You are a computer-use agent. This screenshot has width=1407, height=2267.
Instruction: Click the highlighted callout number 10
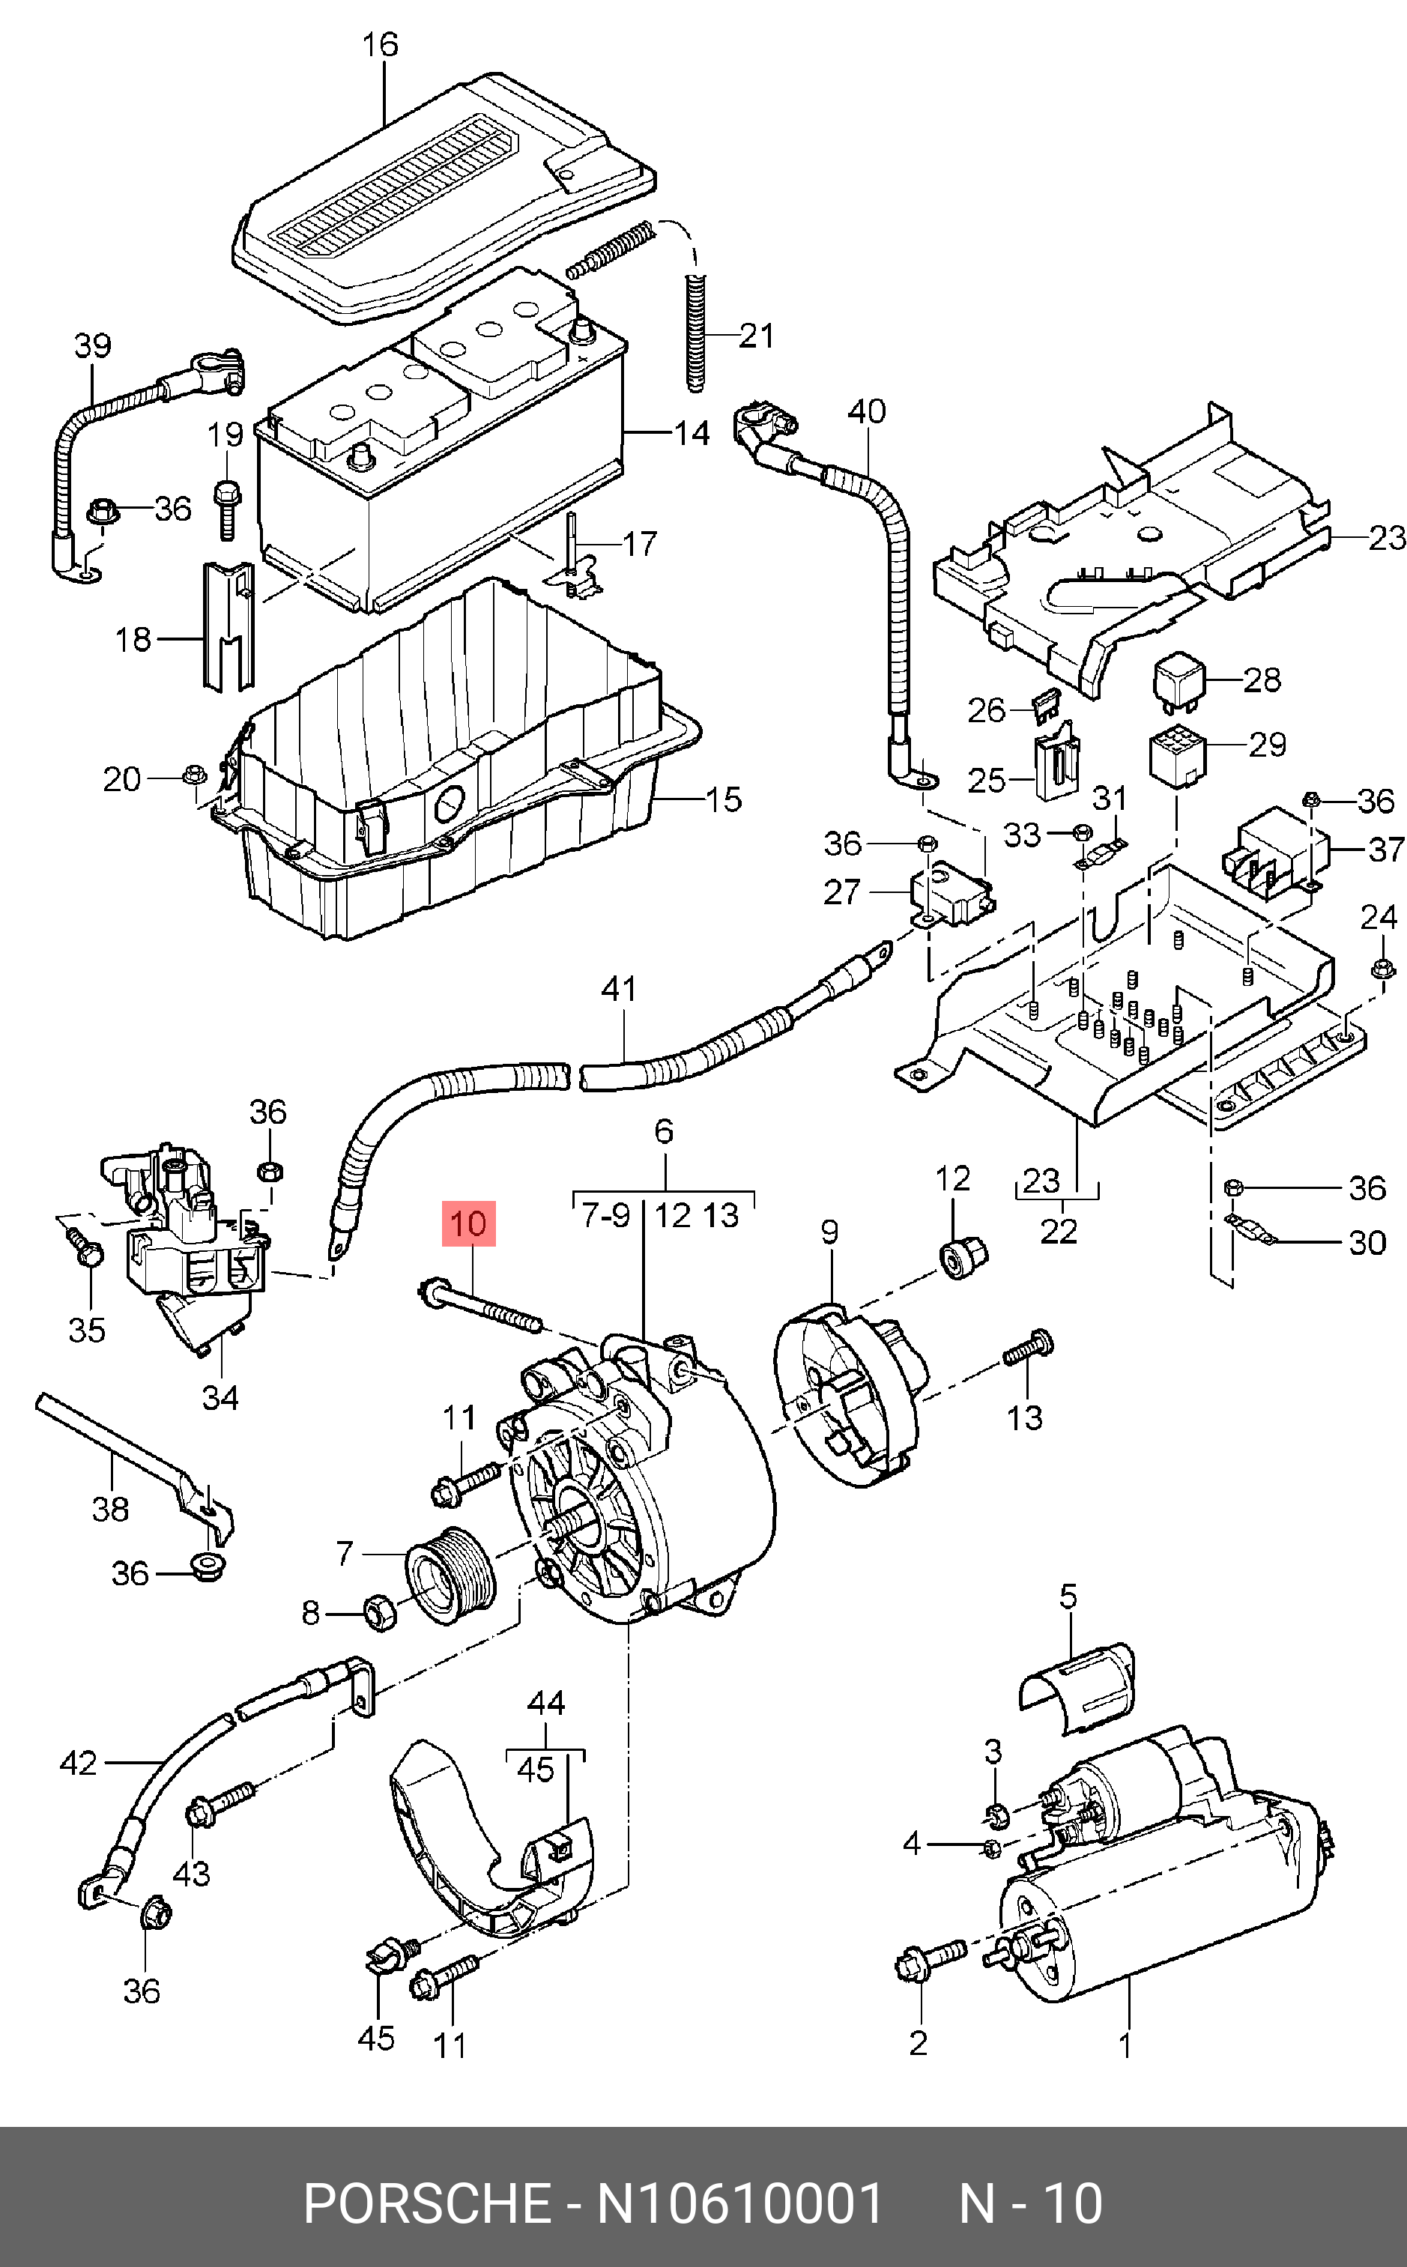[x=469, y=1223]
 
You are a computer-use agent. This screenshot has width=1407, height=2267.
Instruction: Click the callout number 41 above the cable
[x=620, y=988]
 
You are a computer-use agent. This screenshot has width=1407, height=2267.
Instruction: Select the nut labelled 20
[x=196, y=773]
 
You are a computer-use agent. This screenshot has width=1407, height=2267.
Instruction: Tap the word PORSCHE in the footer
[x=427, y=2204]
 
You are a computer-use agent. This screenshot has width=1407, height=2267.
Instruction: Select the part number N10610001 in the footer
[x=739, y=2204]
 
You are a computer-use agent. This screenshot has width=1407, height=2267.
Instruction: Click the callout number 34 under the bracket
[x=220, y=1397]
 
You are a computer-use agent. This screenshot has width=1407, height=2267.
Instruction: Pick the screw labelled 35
[x=85, y=1247]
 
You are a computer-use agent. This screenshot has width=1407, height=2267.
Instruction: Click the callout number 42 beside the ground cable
[x=78, y=1763]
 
